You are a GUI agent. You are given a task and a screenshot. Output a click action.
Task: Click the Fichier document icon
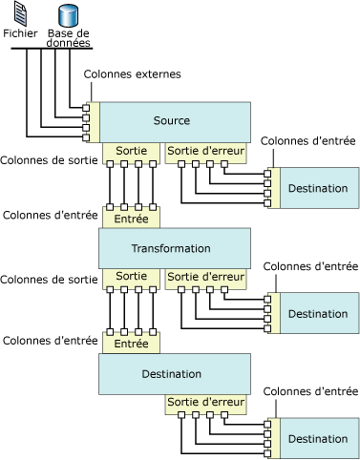coord(19,14)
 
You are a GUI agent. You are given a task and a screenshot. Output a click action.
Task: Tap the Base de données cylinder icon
coord(67,14)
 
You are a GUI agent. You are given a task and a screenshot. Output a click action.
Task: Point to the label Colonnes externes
coord(132,73)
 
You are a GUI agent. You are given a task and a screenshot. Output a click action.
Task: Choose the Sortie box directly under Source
coord(131,151)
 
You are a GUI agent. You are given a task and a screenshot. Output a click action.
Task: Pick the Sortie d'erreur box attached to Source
coord(205,151)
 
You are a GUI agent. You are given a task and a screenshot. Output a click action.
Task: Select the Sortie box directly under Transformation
coord(131,277)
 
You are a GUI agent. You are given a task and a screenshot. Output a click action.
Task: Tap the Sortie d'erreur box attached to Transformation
coord(205,277)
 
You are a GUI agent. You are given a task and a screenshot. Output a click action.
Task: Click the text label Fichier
coord(20,33)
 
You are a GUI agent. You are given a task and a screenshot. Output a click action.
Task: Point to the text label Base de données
coord(69,38)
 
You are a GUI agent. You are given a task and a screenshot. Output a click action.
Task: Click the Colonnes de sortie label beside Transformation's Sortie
coord(49,279)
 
